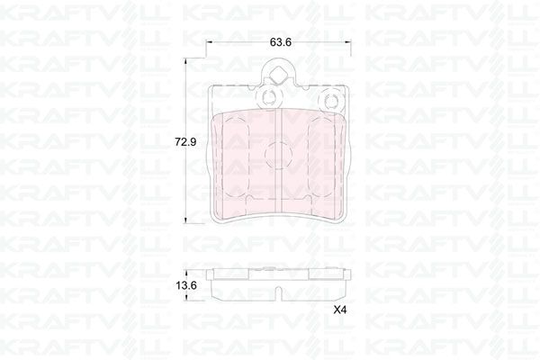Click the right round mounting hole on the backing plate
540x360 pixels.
click(328, 100)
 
